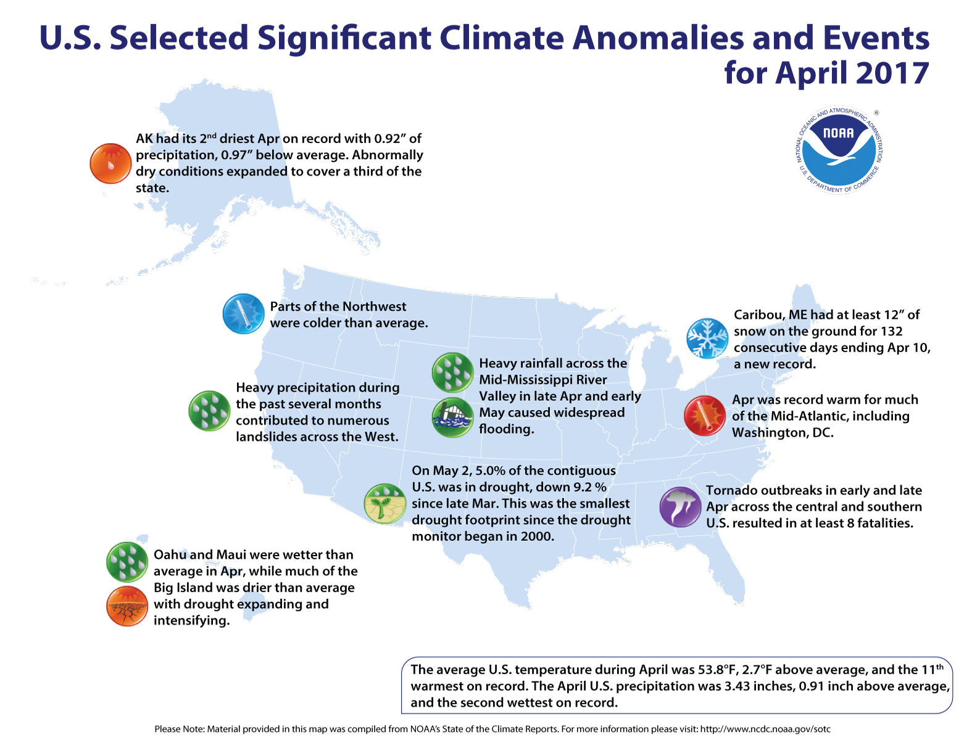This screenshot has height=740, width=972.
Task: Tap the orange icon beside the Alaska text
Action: click(110, 163)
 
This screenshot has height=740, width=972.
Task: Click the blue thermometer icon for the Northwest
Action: click(243, 313)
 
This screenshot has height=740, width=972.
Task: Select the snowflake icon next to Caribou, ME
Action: click(707, 339)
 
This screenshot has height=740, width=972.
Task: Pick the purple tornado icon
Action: click(680, 507)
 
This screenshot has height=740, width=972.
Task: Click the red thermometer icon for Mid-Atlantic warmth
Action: click(704, 416)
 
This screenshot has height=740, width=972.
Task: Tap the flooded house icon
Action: click(452, 417)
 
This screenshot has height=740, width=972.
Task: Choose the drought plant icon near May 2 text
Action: click(384, 504)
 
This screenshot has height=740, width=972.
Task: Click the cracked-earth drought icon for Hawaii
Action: click(127, 606)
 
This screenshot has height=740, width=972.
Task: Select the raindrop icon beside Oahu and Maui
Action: click(127, 562)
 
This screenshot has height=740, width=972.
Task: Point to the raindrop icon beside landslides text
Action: click(209, 411)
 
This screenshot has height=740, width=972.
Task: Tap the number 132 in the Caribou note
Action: click(891, 331)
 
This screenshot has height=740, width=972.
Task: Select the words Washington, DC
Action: click(783, 432)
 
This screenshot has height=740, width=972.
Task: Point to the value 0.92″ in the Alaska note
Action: click(390, 139)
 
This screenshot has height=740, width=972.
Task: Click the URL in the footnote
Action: click(765, 729)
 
